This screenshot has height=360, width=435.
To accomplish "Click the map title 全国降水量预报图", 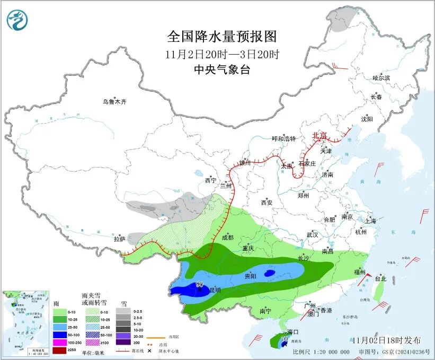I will click(221, 37).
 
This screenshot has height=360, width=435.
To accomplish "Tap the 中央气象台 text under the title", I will click(221, 69).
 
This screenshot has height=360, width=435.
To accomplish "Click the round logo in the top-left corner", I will click(17, 20).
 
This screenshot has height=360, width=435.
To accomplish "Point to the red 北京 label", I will click(320, 135).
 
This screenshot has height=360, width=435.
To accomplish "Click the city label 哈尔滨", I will click(380, 78).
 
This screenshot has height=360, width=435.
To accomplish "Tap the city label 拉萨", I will click(119, 239).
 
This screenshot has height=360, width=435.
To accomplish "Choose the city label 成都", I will click(228, 238).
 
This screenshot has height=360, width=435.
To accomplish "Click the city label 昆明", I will click(215, 291).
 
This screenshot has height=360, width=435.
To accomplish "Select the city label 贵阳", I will click(250, 276).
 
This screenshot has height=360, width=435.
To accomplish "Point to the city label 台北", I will click(380, 278).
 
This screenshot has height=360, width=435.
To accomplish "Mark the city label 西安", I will click(267, 203).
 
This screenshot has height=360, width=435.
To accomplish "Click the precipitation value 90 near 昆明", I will click(200, 285).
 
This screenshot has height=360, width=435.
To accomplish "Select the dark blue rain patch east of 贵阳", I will click(270, 273).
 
